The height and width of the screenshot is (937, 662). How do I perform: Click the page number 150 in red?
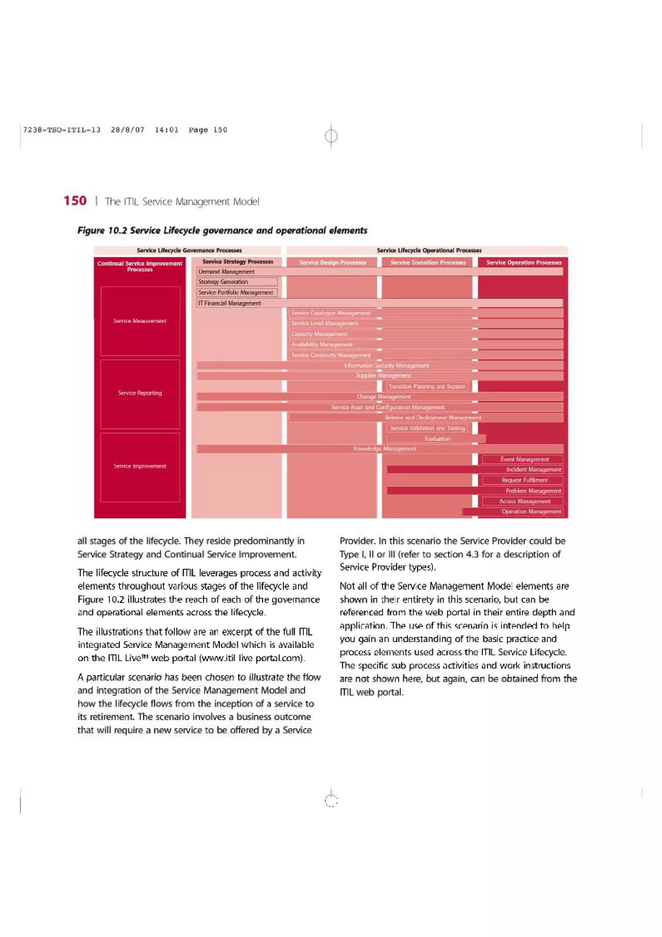(75, 201)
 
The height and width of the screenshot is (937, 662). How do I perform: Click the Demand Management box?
(226, 271)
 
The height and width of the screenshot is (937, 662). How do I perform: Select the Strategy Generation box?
(237, 282)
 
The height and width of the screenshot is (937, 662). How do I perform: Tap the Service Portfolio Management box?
(237, 292)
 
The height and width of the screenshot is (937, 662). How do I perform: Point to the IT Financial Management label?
(230, 303)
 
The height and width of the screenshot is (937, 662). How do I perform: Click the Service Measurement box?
(140, 321)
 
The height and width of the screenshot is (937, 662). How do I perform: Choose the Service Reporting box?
(140, 393)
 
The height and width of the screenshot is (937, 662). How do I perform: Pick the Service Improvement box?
(140, 466)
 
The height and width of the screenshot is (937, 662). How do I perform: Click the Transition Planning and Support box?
(427, 386)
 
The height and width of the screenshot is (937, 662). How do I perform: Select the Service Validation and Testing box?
(427, 428)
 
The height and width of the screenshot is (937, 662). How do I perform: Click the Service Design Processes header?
(332, 263)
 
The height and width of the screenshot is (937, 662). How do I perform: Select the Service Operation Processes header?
(523, 263)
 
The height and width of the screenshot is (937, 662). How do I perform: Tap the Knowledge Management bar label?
(385, 448)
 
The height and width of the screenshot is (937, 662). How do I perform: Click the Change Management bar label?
(383, 396)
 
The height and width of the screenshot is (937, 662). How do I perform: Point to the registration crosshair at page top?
(331, 135)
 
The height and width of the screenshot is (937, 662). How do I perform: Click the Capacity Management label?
(319, 334)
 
